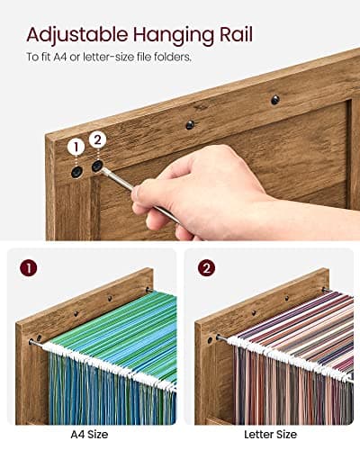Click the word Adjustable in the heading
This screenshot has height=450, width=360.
pos(76,35)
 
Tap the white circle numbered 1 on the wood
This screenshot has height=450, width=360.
pos(76,146)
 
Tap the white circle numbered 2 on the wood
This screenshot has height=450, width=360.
pos(98,139)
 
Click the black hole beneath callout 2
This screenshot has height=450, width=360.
pos(97,166)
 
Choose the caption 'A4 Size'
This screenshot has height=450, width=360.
pos(89,433)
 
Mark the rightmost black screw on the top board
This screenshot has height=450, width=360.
pos(274,100)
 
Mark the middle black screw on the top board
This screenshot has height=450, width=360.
pos(190,125)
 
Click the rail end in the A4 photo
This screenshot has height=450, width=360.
pos(34,341)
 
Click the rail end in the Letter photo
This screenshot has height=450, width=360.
pos(216,338)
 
